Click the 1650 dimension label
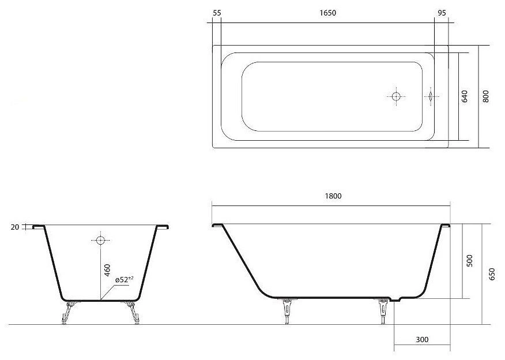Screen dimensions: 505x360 [x=328, y=13]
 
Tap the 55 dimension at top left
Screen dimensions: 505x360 [x=217, y=13]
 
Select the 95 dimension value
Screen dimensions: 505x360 [x=442, y=13]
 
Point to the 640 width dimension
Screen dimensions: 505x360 [x=465, y=96]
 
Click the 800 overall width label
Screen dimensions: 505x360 [x=485, y=96]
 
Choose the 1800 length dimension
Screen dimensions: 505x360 [x=333, y=196]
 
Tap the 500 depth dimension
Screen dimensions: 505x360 [x=470, y=260]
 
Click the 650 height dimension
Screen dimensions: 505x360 [x=492, y=274]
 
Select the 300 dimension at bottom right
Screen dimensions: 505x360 [x=422, y=339]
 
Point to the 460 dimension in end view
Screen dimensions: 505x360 [x=107, y=270]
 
